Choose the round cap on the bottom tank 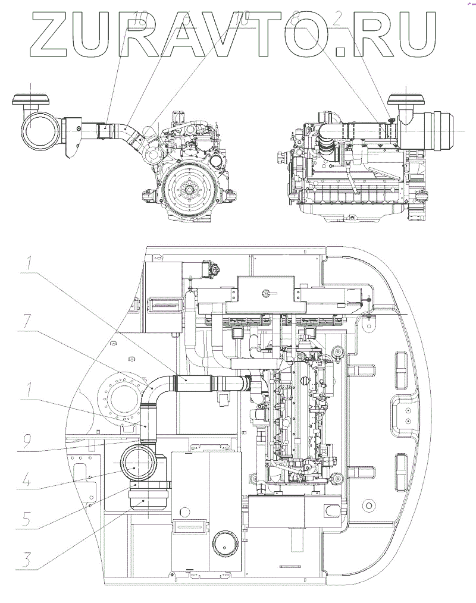click(224, 542)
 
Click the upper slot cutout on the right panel click(400, 363)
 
